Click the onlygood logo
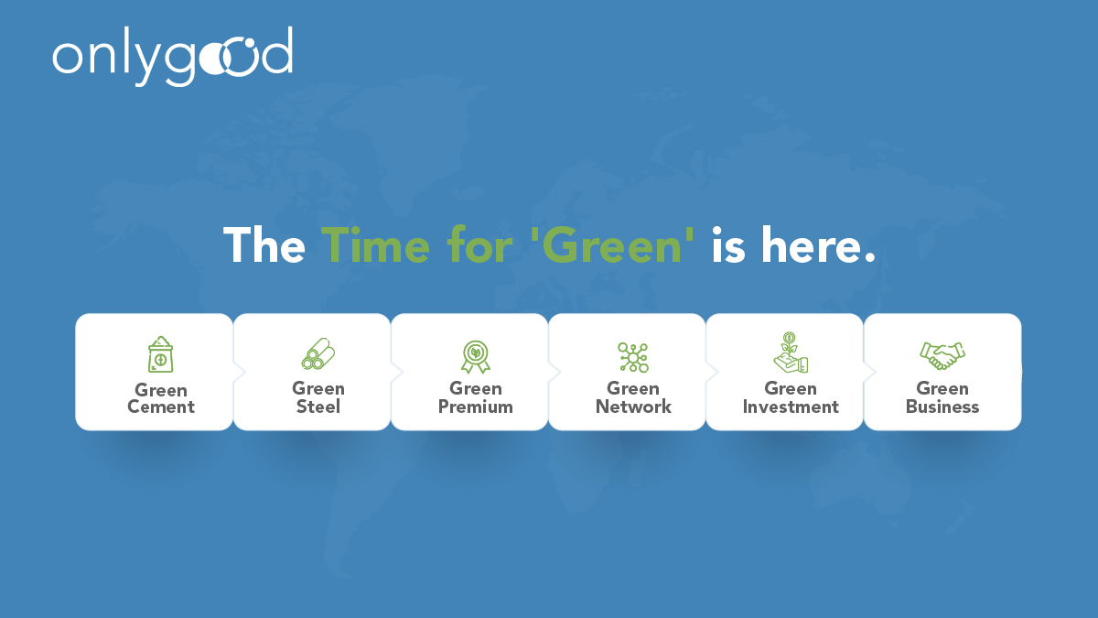tap(172, 56)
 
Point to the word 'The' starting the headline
tap(264, 245)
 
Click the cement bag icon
tap(161, 354)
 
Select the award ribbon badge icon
tap(476, 355)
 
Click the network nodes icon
tap(633, 356)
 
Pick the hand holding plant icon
tap(791, 353)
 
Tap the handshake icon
tap(942, 353)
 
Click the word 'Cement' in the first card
tap(161, 407)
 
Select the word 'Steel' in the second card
tap(318, 407)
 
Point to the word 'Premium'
tap(476, 407)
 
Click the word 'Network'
tap(633, 407)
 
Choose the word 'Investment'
tap(791, 407)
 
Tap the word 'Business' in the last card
tap(942, 407)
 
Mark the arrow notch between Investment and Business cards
tap(868, 372)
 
